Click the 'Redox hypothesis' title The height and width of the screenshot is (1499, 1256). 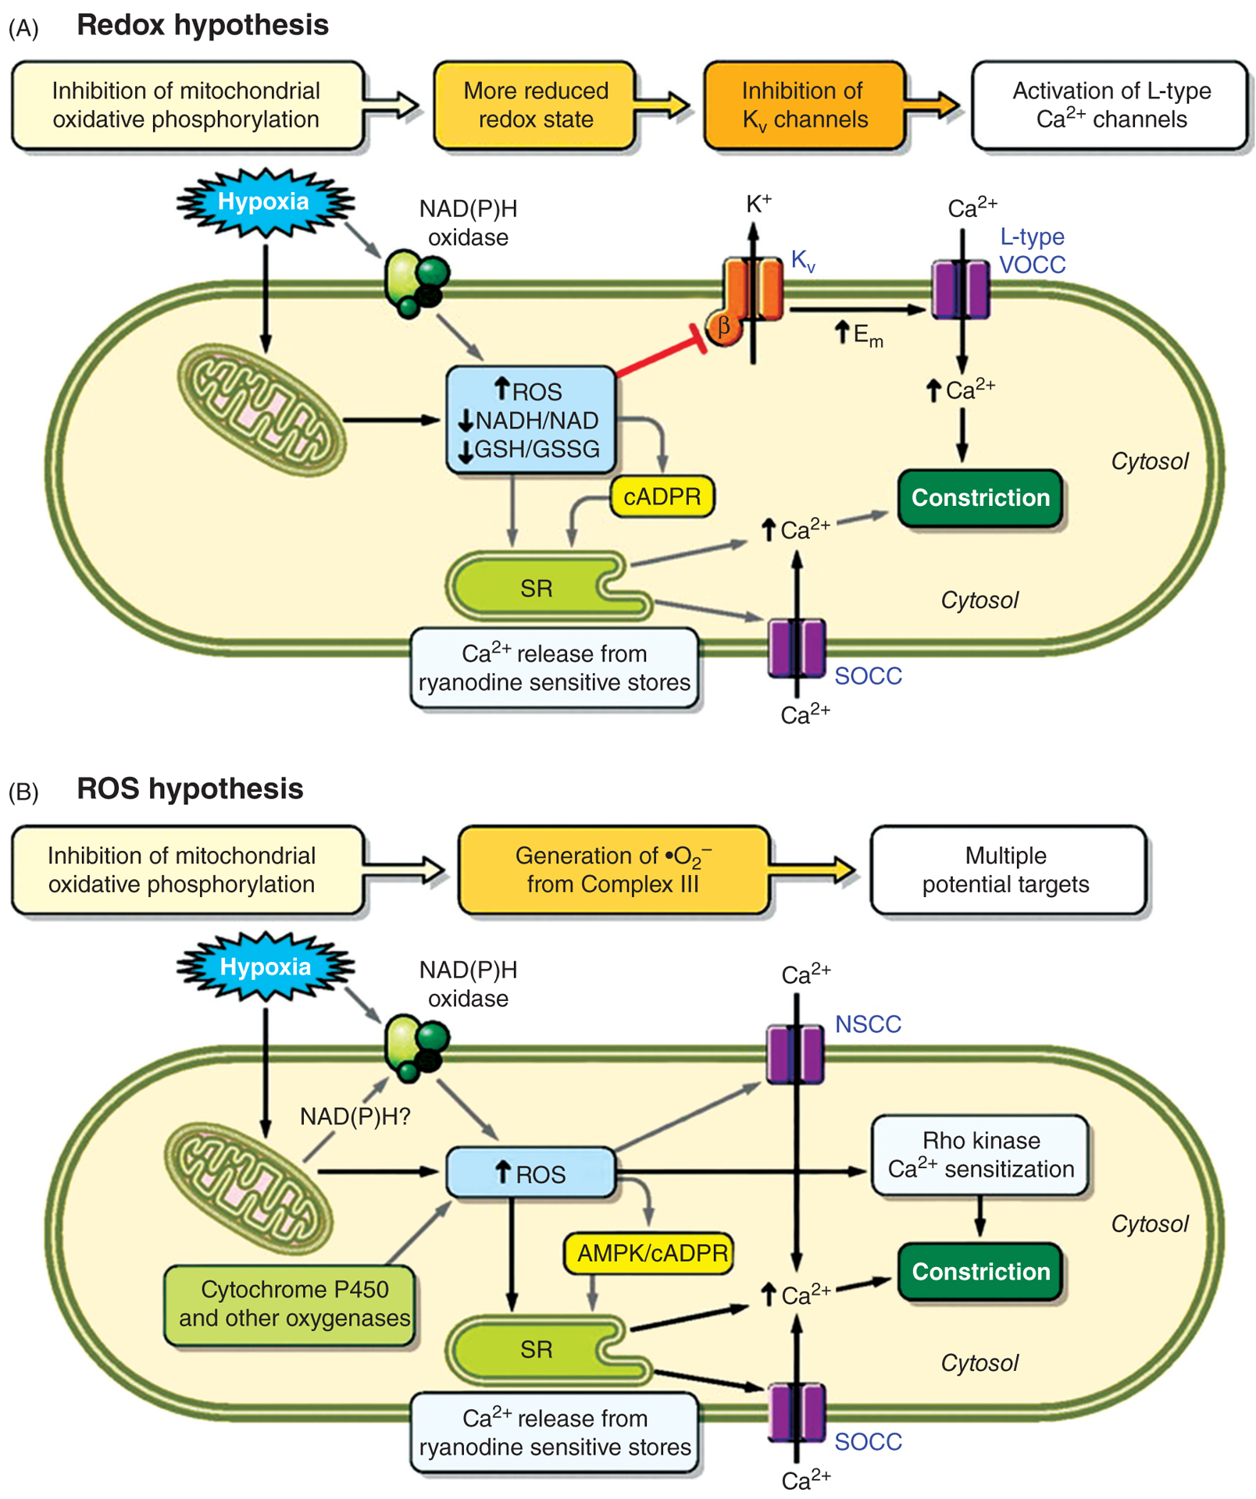(x=202, y=25)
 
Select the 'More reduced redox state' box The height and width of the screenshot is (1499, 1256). (x=535, y=105)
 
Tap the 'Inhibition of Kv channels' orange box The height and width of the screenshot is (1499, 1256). (x=804, y=105)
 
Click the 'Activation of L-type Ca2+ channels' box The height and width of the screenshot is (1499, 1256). (x=1110, y=105)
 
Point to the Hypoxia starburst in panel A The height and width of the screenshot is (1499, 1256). (x=264, y=202)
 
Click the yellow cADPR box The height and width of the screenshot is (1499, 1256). (x=662, y=497)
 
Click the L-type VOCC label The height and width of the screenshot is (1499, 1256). (x=1032, y=251)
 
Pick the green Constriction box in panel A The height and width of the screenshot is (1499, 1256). (x=980, y=498)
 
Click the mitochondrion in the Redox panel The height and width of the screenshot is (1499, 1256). (x=262, y=412)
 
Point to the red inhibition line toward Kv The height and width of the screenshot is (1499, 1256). (x=660, y=355)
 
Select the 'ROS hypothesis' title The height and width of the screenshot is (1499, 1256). (x=190, y=789)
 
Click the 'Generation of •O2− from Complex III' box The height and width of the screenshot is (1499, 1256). (x=613, y=870)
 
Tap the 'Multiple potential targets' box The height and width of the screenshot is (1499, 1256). (x=1007, y=870)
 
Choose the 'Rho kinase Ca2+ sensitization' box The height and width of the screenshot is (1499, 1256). (x=980, y=1155)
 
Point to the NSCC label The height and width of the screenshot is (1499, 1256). (x=868, y=1024)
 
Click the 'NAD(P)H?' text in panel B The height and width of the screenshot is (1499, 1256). (x=355, y=1116)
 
